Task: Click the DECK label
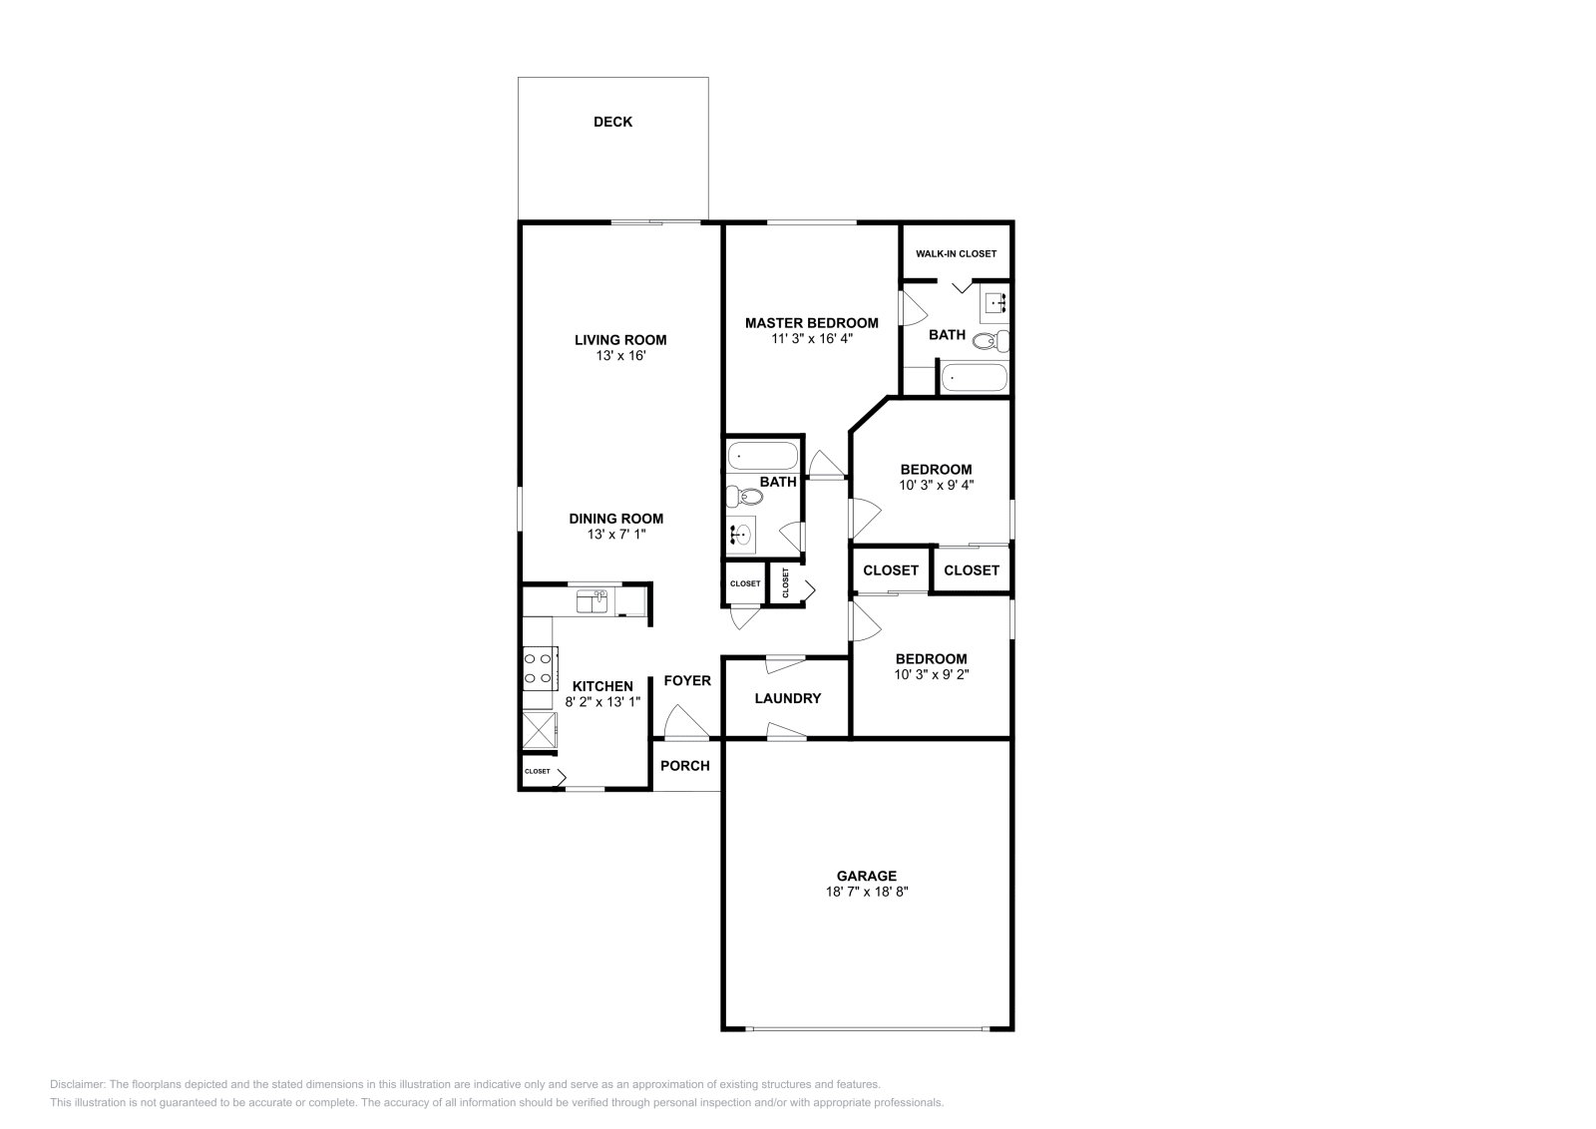612,122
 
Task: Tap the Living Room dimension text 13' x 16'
619,355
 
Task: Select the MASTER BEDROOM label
811,322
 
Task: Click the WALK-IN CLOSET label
956,253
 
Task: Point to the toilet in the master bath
990,342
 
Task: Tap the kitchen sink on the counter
593,601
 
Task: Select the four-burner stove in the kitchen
539,668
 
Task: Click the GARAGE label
866,876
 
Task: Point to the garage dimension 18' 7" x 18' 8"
866,892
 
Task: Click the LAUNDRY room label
787,698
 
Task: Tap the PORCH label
685,765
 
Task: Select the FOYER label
687,680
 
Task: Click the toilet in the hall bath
743,495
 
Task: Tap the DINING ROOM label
615,518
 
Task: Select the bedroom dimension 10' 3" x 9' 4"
936,485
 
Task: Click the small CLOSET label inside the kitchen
537,771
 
